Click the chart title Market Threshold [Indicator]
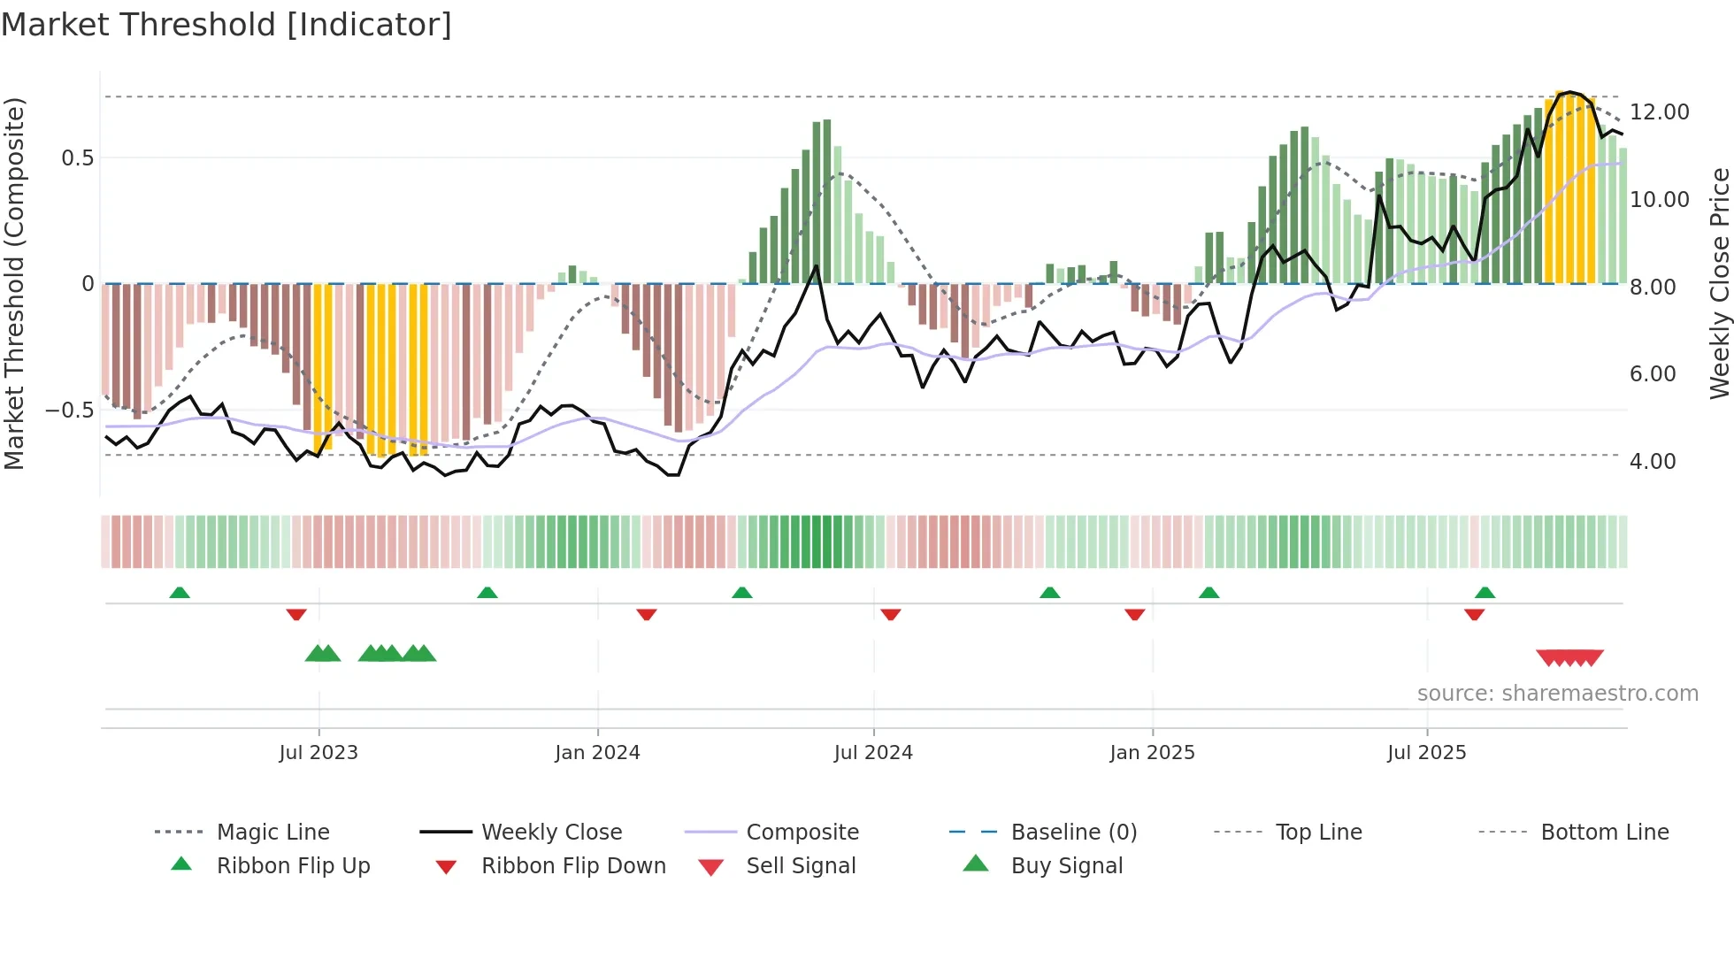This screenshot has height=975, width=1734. pos(226,25)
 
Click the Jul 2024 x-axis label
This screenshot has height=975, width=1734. pos(873,753)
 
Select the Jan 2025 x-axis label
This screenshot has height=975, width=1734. pos(1152,753)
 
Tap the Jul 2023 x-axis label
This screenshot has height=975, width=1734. pos(318,753)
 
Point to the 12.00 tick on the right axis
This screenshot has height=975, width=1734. pos(1659,112)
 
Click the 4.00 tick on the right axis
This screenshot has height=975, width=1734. pos(1652,462)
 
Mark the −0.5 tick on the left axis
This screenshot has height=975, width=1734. pos(69,411)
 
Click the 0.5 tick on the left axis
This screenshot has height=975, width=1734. pos(77,158)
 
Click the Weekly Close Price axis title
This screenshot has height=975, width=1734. pos(1719,283)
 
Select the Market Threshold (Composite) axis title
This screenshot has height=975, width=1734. pos(14,283)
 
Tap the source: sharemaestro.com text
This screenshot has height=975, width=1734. pos(1557,694)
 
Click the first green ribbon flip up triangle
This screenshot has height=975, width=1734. pos(180,593)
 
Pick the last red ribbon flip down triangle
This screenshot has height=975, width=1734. pos(1474,614)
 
